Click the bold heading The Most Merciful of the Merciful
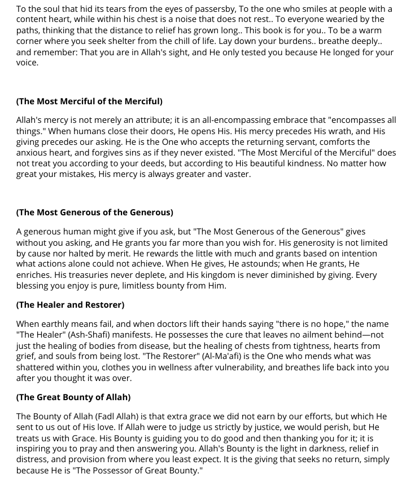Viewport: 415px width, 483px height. point(89,101)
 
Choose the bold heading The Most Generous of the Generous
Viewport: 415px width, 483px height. point(94,212)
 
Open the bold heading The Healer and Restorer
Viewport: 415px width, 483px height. point(70,305)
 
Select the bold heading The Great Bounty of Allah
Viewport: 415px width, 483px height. point(73,397)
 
